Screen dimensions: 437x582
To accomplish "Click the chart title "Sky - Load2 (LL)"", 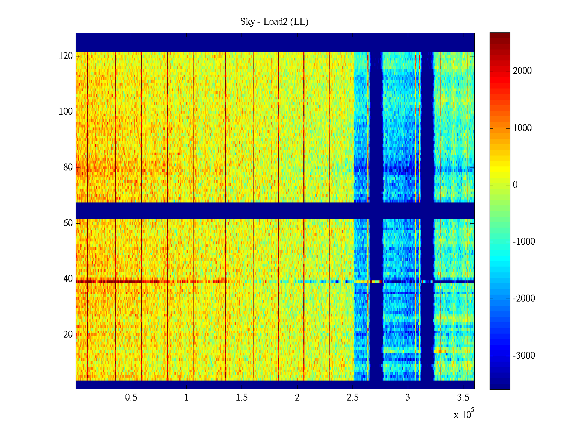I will (x=274, y=22).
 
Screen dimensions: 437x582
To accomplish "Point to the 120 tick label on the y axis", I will (x=66, y=56).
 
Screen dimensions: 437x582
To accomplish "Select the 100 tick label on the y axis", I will (x=66, y=112).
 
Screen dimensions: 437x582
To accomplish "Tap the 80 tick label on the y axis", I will (x=68, y=168).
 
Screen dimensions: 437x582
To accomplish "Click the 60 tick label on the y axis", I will (x=68, y=223).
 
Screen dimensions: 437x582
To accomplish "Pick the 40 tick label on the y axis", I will (x=68, y=279).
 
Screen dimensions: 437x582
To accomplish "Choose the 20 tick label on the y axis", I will (x=68, y=335).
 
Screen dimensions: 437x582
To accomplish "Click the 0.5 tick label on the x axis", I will (x=131, y=398).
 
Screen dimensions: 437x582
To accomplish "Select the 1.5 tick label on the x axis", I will (x=242, y=398).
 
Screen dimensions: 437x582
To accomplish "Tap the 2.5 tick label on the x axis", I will (x=352, y=398).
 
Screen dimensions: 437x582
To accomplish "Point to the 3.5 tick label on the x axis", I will (x=463, y=398).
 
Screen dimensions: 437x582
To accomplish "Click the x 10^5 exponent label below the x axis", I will (x=464, y=414).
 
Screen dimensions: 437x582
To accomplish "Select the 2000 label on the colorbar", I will (x=522, y=71).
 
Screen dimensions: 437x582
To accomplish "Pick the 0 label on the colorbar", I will (x=515, y=185).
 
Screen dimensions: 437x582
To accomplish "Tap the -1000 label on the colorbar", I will (x=524, y=242).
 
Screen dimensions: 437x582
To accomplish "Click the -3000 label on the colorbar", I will (x=524, y=356).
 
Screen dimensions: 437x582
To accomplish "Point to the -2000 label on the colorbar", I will (x=524, y=299).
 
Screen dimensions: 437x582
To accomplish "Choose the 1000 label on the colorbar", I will (x=522, y=128).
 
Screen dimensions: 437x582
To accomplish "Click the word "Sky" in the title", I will (x=247, y=22).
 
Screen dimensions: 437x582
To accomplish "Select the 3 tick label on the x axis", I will (x=408, y=398).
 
